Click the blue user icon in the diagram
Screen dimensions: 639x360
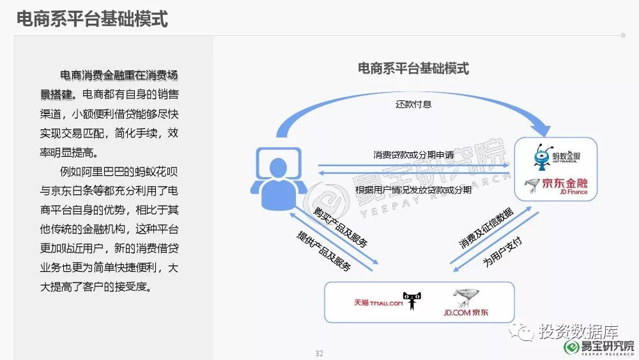coord(279,178)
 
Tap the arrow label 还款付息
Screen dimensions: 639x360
coord(413,104)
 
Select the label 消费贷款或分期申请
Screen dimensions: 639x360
coord(413,155)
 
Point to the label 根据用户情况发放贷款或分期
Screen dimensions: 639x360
coord(413,190)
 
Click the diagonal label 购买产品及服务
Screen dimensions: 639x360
coord(341,227)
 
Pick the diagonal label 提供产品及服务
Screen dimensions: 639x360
coord(323,251)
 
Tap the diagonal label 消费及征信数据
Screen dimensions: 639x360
coord(486,228)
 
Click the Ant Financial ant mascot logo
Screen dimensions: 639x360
coord(543,157)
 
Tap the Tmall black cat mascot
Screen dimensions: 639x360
coord(412,301)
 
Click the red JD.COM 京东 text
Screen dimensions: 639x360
coord(466,313)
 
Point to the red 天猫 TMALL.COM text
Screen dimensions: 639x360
coord(378,302)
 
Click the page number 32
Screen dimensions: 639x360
coord(319,354)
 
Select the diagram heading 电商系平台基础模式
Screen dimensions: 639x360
coord(413,68)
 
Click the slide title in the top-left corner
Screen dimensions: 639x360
coord(92,19)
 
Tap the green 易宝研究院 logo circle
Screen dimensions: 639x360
coord(571,347)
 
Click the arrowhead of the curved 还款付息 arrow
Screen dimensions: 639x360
coord(542,127)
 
